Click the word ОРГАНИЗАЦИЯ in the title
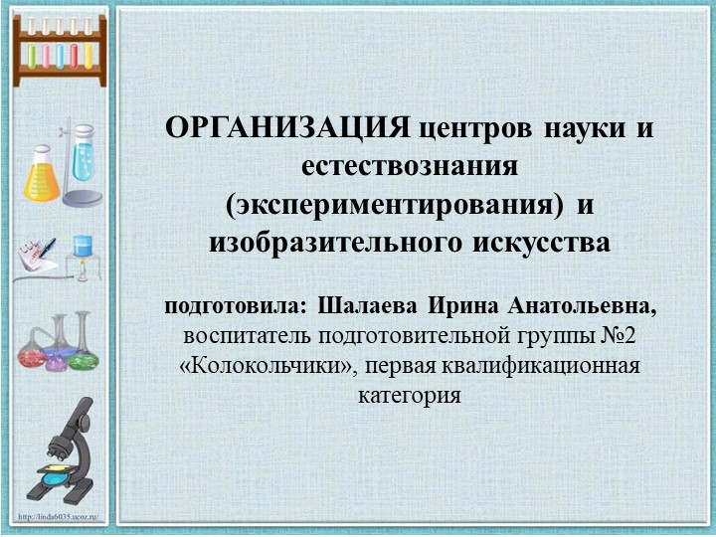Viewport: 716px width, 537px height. (x=287, y=128)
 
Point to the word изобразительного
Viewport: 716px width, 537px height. (x=324, y=242)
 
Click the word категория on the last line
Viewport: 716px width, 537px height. (x=410, y=396)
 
